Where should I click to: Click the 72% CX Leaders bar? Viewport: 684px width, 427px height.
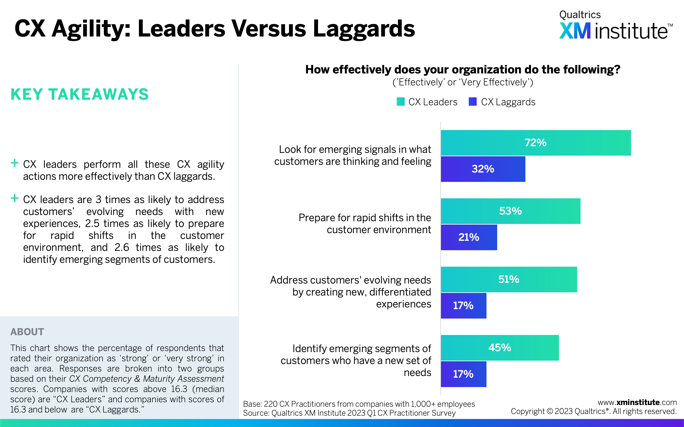pos(536,143)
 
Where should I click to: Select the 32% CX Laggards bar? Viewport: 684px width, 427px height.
pos(483,169)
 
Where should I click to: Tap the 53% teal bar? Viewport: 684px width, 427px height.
pos(510,211)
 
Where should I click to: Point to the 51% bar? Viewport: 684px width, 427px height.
pos(509,279)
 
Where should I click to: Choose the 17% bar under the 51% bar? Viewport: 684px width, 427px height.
pos(464,306)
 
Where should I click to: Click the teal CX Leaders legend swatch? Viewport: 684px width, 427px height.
pos(401,102)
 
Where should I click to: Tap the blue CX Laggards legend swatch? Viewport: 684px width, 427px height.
pos(473,102)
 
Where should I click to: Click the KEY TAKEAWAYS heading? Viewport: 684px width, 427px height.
pos(80,94)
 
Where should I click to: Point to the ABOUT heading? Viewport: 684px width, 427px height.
pos(27,332)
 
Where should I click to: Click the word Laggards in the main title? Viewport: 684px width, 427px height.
pos(364,29)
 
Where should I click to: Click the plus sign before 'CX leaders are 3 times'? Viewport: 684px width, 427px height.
pos(14,198)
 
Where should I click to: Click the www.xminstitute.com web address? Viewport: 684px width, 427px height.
pos(637,402)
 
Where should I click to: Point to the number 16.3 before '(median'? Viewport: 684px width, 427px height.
pos(179,389)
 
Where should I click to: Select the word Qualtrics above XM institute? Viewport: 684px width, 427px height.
pos(580,15)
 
